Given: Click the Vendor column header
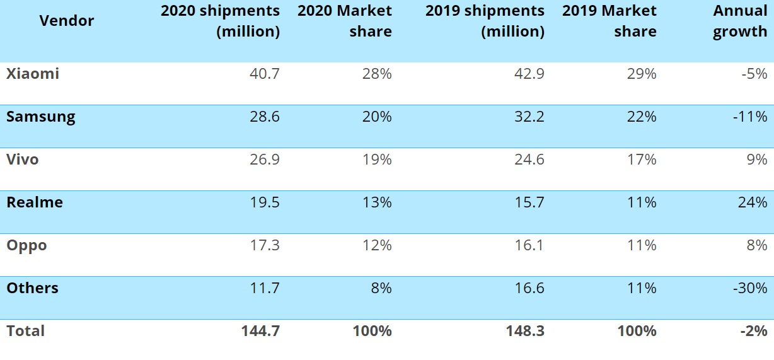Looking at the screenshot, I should (66, 21).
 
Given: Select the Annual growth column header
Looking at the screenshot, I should (740, 21).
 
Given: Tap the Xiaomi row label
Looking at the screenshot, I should (33, 74).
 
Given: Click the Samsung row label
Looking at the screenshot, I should (41, 117).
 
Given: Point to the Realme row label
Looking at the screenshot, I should (35, 202).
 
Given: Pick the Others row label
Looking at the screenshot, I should (33, 288).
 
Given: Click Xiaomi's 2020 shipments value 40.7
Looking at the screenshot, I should (264, 74).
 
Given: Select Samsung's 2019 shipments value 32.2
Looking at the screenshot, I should (529, 117).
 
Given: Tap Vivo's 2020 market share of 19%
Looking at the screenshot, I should (377, 160).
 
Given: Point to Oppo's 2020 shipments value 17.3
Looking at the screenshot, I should (264, 245).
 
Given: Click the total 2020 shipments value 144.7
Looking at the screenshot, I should (260, 331).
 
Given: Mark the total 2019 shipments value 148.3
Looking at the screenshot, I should (525, 331).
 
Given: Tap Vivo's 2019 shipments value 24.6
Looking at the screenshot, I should (529, 160).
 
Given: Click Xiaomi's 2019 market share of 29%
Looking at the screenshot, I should (642, 74).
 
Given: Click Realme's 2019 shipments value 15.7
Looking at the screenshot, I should (529, 202).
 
